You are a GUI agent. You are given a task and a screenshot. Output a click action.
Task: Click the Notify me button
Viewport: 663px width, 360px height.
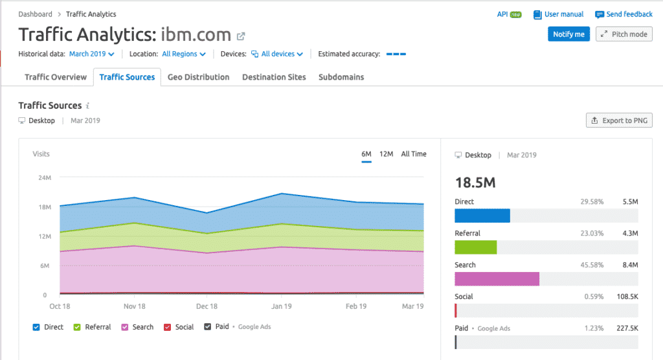click(568, 34)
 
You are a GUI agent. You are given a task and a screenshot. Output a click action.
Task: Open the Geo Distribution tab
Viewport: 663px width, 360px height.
click(198, 77)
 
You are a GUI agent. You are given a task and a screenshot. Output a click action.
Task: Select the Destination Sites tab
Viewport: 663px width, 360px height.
click(274, 77)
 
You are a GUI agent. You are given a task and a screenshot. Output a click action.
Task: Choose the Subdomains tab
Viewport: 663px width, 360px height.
click(341, 77)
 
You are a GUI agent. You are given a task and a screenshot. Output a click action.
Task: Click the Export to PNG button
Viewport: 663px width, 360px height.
click(619, 120)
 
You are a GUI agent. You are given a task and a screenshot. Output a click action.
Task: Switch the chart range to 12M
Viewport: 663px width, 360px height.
click(386, 154)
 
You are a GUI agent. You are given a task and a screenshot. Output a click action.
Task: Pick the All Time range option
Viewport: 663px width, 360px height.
click(414, 154)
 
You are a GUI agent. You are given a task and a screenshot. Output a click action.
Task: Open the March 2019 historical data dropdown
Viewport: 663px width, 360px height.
click(92, 54)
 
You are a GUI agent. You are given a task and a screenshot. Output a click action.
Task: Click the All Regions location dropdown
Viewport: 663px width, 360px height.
click(184, 54)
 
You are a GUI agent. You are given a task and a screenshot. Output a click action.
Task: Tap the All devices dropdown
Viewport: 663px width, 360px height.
click(277, 54)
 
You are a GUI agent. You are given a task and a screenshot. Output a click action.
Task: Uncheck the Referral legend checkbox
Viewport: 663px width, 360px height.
click(77, 327)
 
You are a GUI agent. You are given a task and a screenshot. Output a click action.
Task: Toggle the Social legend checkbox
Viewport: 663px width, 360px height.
click(168, 327)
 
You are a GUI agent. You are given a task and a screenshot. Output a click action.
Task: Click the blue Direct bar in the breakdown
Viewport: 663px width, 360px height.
click(482, 216)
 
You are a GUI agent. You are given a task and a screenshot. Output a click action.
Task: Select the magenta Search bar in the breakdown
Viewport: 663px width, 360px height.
click(497, 279)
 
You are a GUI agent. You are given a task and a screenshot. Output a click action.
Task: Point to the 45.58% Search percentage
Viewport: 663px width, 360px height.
click(592, 265)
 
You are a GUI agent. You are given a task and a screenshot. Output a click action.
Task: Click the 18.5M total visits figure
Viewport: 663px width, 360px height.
click(475, 183)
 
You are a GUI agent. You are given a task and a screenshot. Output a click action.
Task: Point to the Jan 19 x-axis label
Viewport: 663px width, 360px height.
click(282, 306)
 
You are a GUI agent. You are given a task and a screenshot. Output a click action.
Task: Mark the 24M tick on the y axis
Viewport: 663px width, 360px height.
click(45, 177)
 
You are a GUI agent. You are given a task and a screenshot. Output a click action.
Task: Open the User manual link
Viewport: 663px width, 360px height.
click(559, 14)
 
